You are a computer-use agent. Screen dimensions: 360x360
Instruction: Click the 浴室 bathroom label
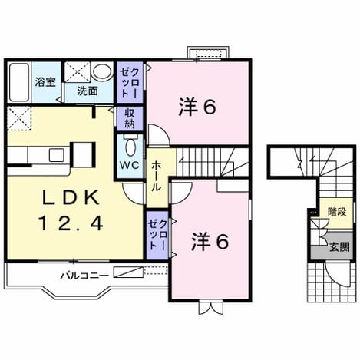45,82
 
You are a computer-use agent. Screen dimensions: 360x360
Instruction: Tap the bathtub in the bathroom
18,82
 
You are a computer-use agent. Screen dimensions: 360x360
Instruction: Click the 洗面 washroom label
88,91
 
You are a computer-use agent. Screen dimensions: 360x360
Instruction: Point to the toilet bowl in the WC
130,147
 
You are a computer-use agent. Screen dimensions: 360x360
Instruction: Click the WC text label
130,165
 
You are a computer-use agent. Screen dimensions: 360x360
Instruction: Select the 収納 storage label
130,118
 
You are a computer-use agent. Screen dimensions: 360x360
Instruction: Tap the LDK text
71,198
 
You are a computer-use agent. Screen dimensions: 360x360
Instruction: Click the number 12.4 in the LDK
71,223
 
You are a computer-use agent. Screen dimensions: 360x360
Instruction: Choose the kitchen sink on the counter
57,155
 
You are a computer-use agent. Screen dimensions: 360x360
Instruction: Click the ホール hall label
156,176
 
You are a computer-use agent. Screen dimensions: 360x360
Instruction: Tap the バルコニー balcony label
84,276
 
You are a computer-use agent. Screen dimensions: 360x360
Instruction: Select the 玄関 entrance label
339,247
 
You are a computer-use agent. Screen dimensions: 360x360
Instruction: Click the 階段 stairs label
338,212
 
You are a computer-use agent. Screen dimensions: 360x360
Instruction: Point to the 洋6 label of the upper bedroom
197,107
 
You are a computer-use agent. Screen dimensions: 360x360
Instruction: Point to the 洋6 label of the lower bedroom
210,241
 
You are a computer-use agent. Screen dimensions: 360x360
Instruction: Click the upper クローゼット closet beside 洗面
130,83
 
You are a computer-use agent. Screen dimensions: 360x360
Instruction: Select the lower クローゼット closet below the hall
157,235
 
